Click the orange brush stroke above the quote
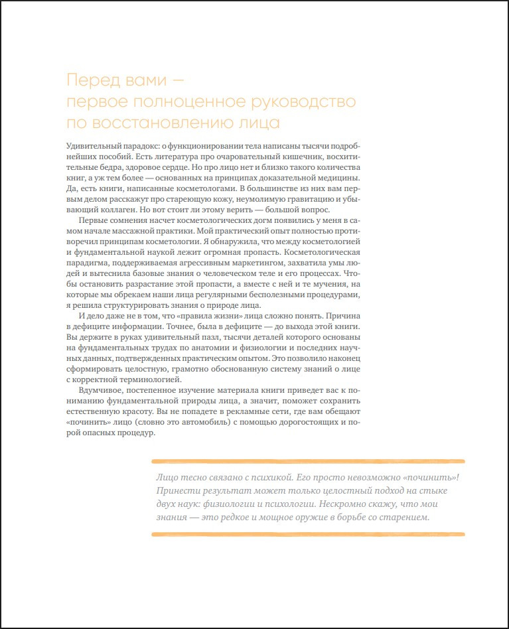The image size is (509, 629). [x=308, y=460]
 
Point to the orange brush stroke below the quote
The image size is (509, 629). [x=308, y=534]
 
